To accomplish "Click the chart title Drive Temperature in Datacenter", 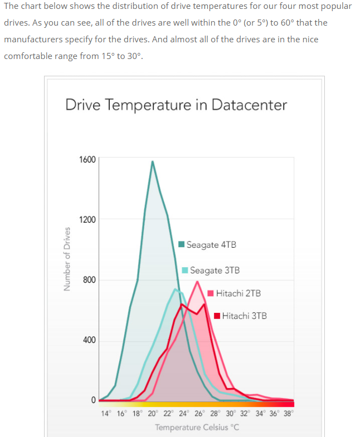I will click(176, 105).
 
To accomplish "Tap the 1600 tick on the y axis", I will click(87, 159).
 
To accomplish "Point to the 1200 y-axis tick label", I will click(87, 219).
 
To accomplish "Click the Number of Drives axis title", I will click(67, 259).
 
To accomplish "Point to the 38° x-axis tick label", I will click(288, 414).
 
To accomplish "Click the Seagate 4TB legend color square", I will click(181, 244).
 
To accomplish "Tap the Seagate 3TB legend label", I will click(215, 271).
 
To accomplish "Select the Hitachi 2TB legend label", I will click(238, 293).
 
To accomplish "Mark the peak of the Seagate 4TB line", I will click(152, 161).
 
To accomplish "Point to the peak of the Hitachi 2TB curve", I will click(197, 282).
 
